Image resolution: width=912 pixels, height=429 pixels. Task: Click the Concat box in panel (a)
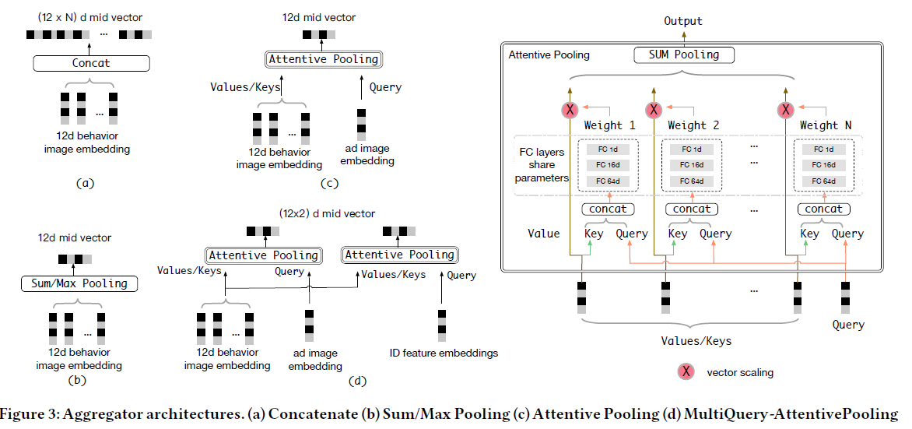pyautogui.click(x=90, y=64)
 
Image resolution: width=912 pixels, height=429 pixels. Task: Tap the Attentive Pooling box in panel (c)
pyautogui.click(x=323, y=59)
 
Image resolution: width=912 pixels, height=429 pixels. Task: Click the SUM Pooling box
pyautogui.click(x=684, y=55)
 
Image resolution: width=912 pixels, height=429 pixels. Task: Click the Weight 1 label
pyautogui.click(x=610, y=125)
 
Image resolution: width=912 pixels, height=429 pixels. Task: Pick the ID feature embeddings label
pyautogui.click(x=444, y=353)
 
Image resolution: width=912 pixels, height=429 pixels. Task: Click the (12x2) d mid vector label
pyautogui.click(x=327, y=213)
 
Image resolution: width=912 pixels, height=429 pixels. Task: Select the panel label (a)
pyautogui.click(x=85, y=184)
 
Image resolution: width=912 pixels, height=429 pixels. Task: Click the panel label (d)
pyautogui.click(x=355, y=381)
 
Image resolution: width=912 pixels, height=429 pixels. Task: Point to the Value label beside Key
pyautogui.click(x=543, y=234)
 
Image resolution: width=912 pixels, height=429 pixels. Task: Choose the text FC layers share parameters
pyautogui.click(x=542, y=165)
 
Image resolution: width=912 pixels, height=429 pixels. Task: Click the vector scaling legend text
pyautogui.click(x=740, y=372)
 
